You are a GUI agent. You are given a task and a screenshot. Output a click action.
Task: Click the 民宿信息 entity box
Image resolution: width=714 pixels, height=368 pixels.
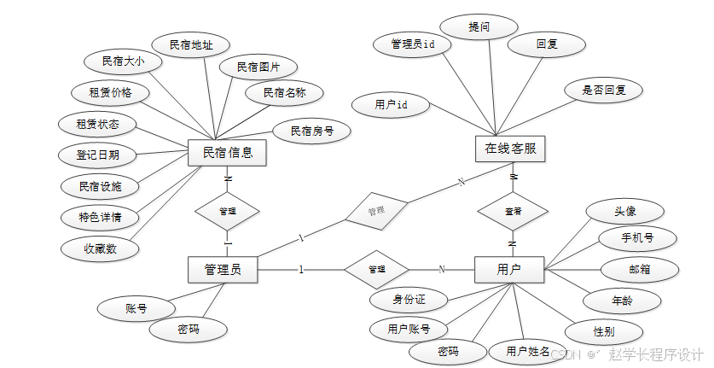point(227,154)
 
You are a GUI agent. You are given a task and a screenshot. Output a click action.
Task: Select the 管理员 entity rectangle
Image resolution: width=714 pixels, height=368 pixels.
point(223,270)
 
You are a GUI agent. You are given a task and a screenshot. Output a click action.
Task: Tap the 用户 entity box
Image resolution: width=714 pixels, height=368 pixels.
point(509,270)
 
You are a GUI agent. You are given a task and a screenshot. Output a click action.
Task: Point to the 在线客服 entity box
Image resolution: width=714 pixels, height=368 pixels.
point(510,149)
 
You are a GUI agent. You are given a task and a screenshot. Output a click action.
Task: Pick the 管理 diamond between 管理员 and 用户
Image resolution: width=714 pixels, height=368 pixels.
point(376,269)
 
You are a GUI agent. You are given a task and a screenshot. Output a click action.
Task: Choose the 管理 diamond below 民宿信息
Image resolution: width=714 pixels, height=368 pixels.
point(227,209)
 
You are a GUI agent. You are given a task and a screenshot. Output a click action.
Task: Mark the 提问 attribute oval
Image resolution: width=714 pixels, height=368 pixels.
point(479,27)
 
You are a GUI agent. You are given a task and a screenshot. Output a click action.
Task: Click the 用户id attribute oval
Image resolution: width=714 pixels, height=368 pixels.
point(390,104)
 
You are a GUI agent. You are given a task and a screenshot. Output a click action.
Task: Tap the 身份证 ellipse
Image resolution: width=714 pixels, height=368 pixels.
point(409,300)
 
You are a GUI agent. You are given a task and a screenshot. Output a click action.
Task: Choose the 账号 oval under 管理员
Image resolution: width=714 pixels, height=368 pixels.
point(136,308)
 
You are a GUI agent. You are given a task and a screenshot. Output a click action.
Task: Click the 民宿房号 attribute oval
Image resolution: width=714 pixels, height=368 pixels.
point(311,131)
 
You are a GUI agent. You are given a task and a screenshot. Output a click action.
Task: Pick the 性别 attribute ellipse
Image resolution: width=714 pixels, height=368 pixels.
point(604,330)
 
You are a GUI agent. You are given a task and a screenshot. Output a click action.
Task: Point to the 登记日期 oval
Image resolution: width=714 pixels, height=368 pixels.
point(97,155)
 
